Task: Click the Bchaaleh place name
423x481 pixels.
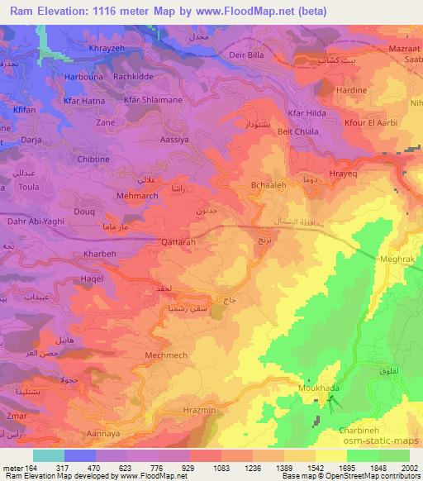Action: coord(270,187)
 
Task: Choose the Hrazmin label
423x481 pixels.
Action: coord(197,410)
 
